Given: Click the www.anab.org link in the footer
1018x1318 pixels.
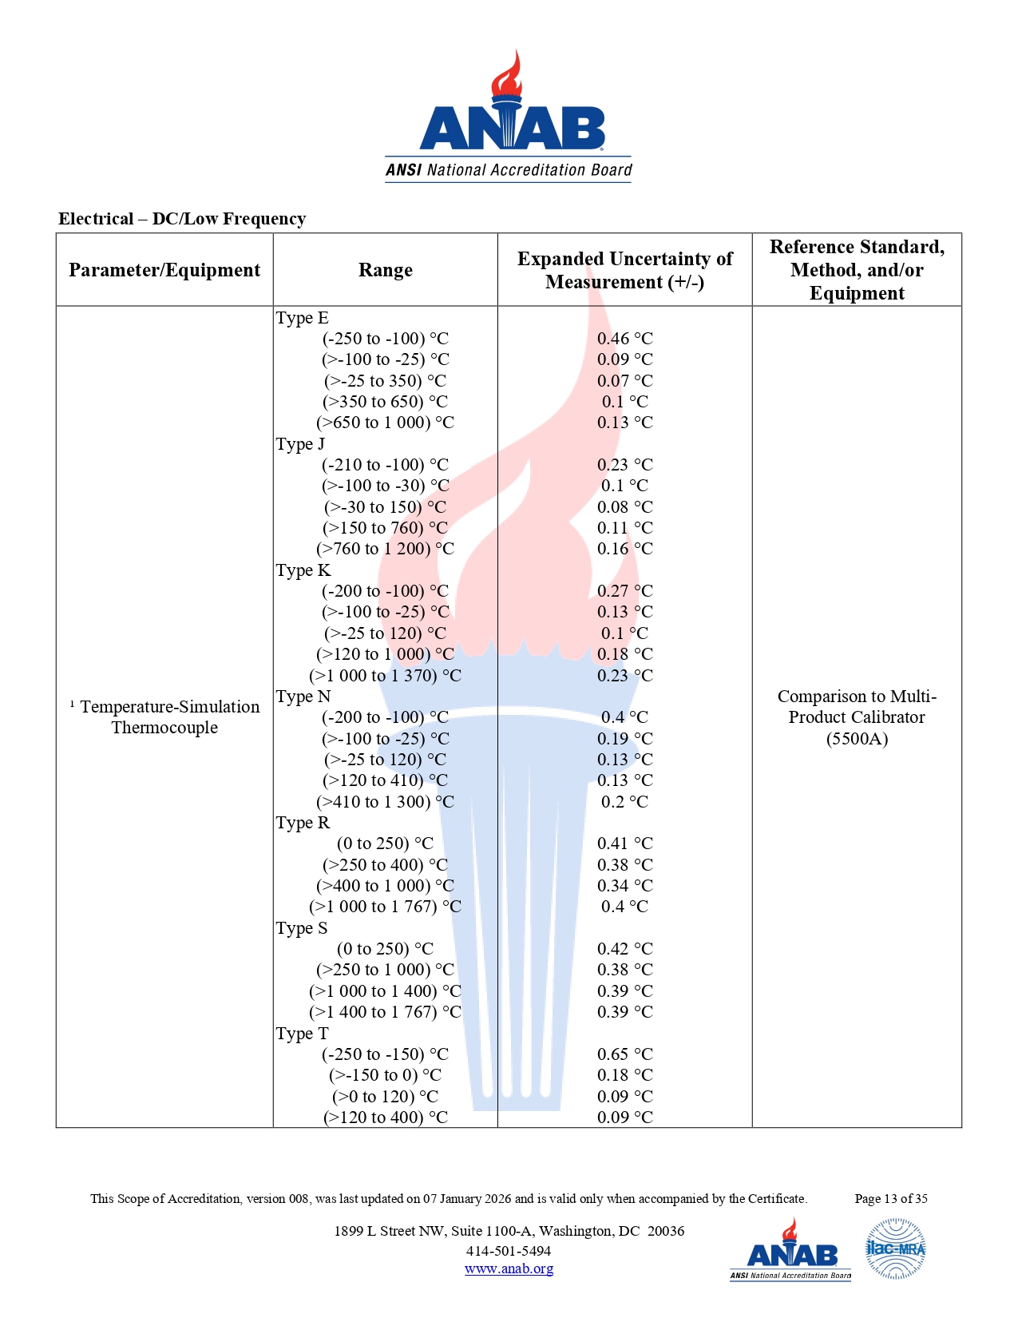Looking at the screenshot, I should click(x=509, y=1268).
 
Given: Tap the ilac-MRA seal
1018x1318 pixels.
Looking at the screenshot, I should click(x=895, y=1249).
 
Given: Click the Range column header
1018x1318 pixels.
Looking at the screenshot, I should click(x=385, y=270).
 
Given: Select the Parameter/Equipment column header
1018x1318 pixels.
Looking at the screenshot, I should click(x=164, y=270).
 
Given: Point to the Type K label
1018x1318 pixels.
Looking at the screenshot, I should click(x=303, y=570).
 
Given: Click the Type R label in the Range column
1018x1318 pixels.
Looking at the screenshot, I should click(x=303, y=823).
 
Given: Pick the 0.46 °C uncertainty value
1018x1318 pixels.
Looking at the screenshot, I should click(x=624, y=339).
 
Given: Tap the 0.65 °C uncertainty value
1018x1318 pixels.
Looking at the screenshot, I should click(x=624, y=1054).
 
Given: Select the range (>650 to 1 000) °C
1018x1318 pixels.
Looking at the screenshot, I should click(x=385, y=423).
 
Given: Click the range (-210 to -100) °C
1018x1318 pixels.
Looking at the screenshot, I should click(x=385, y=465).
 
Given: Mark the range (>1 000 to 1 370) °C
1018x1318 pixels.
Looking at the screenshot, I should click(x=385, y=676).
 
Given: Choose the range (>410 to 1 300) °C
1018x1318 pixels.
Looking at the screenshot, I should click(x=385, y=802).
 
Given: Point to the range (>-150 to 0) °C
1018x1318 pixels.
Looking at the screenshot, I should click(x=385, y=1075).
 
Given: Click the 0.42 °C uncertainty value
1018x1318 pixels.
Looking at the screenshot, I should click(x=624, y=949).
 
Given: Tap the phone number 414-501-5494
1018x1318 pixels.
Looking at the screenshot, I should click(x=509, y=1251).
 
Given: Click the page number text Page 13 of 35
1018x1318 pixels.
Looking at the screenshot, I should click(x=890, y=1198).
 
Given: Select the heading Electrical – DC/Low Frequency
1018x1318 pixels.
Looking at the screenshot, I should click(x=182, y=219).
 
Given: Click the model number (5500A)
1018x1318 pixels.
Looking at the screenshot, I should click(x=857, y=739).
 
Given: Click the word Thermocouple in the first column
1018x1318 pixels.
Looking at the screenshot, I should click(x=164, y=728).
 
